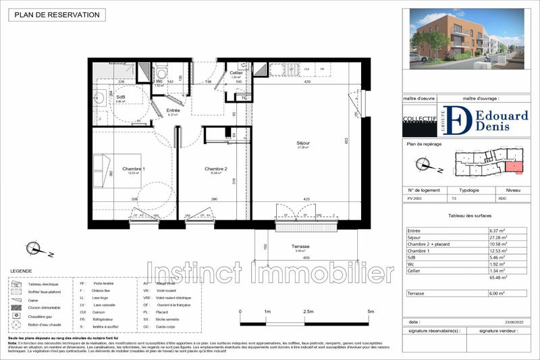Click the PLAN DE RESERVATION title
pos(57,15)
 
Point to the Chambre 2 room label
pos(216,169)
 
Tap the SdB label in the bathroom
pos(121,97)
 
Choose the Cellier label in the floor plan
pos(236,73)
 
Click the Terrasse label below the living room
pos(300,247)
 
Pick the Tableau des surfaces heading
pos(464,215)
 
